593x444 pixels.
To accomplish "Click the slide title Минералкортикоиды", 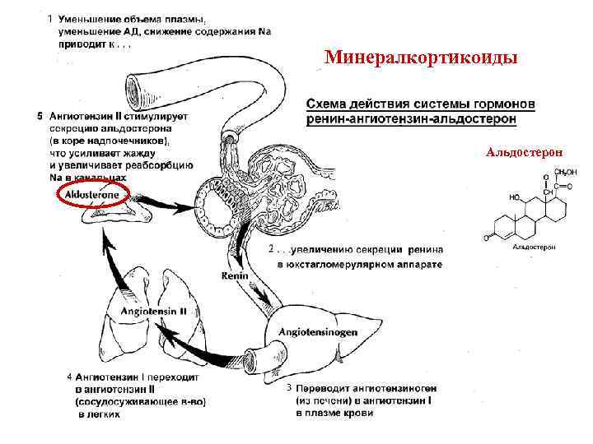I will click(421, 58).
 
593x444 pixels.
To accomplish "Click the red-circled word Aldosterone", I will click(92, 193).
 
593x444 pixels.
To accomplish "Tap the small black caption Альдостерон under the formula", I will click(535, 247).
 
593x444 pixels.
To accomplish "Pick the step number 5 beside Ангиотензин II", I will click(40, 115).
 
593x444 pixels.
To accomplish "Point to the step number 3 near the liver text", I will click(288, 386).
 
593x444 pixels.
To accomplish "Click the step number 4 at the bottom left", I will click(68, 377).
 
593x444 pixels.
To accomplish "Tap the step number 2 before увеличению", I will click(272, 248).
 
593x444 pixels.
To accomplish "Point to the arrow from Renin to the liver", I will click(259, 297).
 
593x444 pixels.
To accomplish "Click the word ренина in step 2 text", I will click(424, 250).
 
